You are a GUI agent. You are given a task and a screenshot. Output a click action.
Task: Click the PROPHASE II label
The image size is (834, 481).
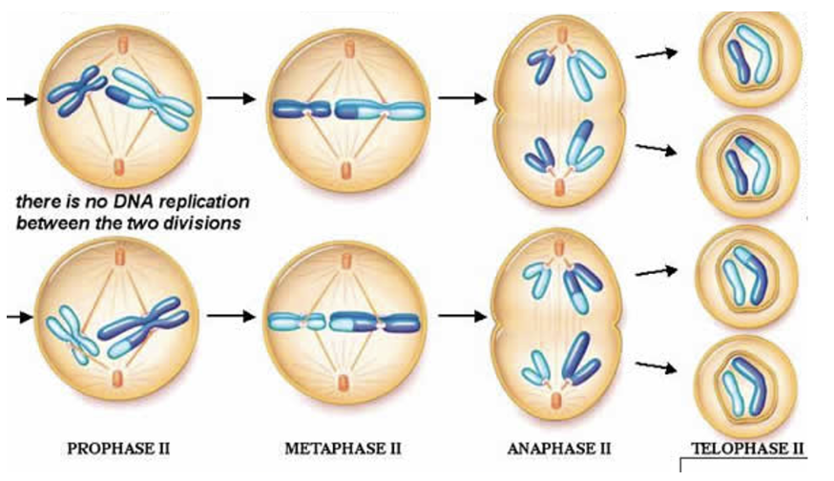pos(118,449)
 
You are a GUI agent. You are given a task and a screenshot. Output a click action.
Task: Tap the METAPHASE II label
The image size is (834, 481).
pos(344,449)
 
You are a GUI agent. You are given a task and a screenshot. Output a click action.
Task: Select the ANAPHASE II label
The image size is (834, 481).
pos(559,449)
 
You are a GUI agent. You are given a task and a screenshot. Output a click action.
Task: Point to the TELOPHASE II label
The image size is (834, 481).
pos(747,449)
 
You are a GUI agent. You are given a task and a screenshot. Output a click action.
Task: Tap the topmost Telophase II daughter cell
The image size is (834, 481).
pos(750,58)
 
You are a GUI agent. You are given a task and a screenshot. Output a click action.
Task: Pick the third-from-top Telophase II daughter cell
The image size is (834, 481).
pos(746,276)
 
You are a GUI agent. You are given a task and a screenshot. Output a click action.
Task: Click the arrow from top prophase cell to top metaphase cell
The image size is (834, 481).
pos(231,98)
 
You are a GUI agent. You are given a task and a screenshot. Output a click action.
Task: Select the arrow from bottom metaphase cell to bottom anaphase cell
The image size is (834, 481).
pos(462,317)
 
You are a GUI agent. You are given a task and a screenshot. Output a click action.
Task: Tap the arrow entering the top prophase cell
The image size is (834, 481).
pos(22,98)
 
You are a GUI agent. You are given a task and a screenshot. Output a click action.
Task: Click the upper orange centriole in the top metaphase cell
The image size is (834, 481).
pos(349,49)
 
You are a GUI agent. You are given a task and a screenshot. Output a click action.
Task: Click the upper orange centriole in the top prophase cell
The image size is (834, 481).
pos(122,44)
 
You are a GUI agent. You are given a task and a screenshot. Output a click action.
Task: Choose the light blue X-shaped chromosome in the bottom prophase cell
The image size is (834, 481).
pos(72,332)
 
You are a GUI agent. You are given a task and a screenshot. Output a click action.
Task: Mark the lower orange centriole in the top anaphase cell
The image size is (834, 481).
pos(559,187)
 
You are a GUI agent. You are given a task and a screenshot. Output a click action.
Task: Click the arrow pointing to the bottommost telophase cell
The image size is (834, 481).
pos(657,366)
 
